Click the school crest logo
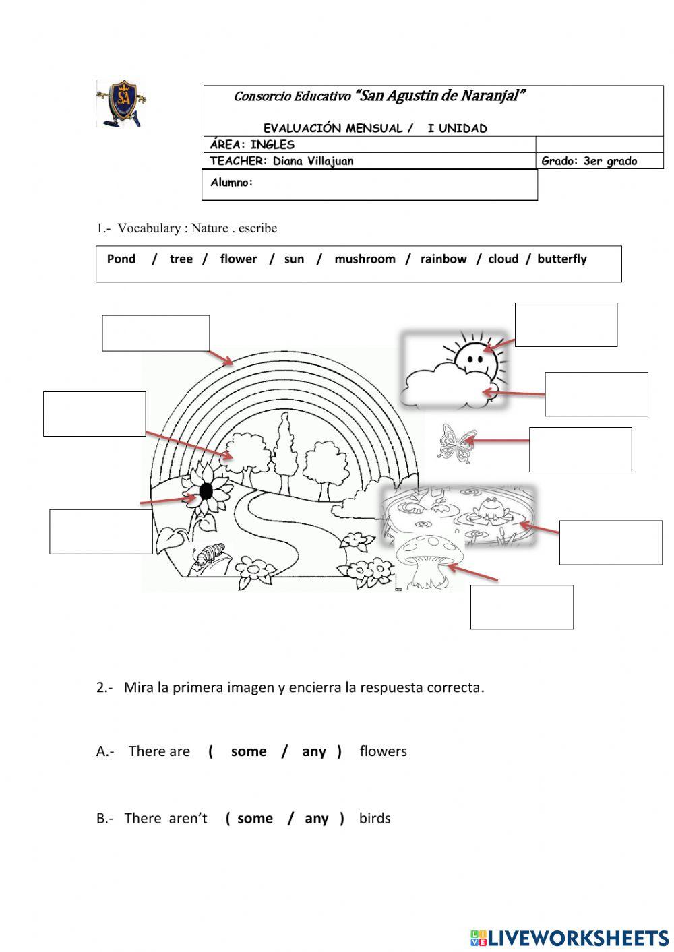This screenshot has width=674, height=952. (121, 103)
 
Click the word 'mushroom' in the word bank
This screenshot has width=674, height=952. (365, 259)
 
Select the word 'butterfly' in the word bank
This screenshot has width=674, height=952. (561, 259)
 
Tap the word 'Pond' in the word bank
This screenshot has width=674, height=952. (121, 259)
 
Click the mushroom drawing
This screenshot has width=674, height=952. (429, 561)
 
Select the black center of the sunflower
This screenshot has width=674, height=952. (206, 491)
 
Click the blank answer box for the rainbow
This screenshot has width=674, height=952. (156, 334)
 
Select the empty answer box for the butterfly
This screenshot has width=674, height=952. (580, 449)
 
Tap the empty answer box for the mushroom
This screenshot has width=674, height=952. (522, 607)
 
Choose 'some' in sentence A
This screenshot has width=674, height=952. (249, 751)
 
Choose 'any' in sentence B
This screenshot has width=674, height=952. (316, 818)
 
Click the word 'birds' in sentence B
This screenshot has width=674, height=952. (375, 818)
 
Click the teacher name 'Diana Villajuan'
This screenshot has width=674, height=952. (313, 161)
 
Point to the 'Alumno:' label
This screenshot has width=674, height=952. (232, 183)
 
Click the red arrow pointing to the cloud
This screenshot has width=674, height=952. (514, 393)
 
